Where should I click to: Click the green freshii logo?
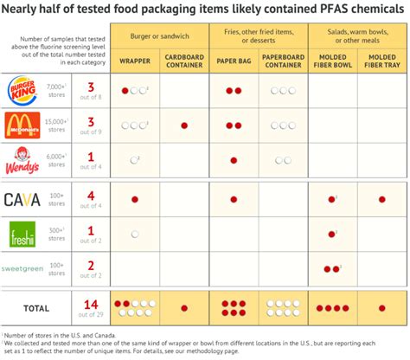pos(22,235)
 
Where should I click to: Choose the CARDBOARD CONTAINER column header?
pos(183,62)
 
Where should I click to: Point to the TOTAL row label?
pos(35,306)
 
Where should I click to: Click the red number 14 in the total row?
pos(88,303)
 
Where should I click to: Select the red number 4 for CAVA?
pos(89,196)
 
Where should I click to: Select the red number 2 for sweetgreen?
pos(89,265)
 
